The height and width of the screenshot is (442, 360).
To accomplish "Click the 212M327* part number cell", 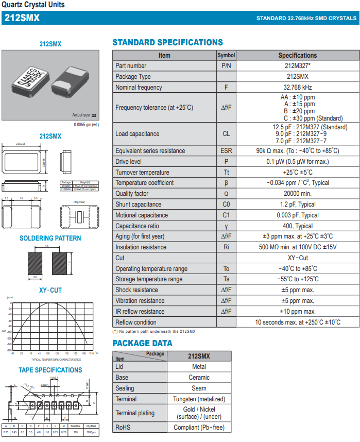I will (297, 66).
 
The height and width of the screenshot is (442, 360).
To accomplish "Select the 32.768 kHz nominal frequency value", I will (297, 88).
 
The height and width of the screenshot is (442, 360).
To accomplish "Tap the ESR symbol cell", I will (226, 151).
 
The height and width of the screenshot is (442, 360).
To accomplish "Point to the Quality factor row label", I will (132, 194).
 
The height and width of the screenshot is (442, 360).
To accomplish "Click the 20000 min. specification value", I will (297, 194).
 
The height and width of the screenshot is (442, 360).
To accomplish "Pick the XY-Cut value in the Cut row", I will (297, 258).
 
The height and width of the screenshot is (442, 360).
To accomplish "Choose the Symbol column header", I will (226, 55).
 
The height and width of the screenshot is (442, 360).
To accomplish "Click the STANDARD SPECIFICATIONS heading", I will (167, 43).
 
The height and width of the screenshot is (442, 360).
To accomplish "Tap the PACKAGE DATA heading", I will (142, 344).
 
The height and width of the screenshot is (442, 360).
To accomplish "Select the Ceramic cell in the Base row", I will (199, 378).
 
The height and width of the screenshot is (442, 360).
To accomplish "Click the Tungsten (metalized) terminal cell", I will (199, 399).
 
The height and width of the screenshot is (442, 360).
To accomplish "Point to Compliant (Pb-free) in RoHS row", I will (199, 428).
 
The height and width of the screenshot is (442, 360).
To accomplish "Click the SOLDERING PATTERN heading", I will (50, 239).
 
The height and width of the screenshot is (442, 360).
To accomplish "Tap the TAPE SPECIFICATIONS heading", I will (50, 370).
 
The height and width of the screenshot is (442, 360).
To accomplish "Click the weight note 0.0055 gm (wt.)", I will (86, 124).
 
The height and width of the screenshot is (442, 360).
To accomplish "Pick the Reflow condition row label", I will (135, 322).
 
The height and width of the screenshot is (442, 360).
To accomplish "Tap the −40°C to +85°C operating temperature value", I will (297, 269).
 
